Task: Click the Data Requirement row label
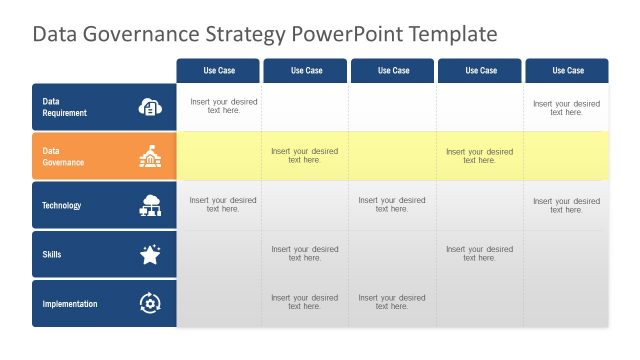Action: pyautogui.click(x=65, y=107)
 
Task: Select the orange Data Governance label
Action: pyautogui.click(x=63, y=156)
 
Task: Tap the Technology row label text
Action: pyautogui.click(x=62, y=206)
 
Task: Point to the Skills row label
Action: pyautogui.click(x=52, y=255)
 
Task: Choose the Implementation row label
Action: pyautogui.click(x=70, y=304)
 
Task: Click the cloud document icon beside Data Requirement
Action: pyautogui.click(x=150, y=107)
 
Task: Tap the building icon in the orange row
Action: pyautogui.click(x=150, y=156)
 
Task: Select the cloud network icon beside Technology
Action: pyautogui.click(x=150, y=206)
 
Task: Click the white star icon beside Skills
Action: pyautogui.click(x=150, y=255)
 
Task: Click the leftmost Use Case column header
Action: pyautogui.click(x=219, y=71)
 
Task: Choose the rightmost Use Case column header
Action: pyautogui.click(x=568, y=71)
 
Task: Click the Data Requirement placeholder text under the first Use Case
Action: pyautogui.click(x=223, y=107)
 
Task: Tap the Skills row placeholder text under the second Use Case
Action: pyautogui.click(x=305, y=254)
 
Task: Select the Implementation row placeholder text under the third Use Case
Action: pyautogui.click(x=392, y=303)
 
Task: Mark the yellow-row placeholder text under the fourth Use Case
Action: pyautogui.click(x=480, y=156)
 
